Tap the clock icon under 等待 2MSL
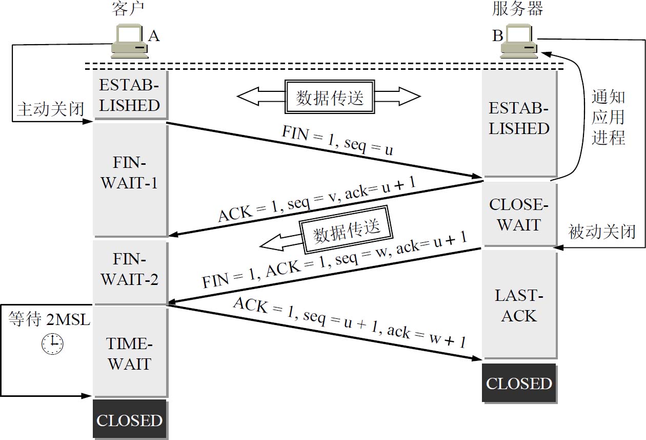52,343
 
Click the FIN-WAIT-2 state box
130,270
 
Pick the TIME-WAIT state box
130,353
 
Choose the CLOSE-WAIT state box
519,214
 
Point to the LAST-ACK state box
519,305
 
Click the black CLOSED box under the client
130,420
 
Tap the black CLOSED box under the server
519,384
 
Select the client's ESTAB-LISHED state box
130,95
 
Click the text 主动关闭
50,109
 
